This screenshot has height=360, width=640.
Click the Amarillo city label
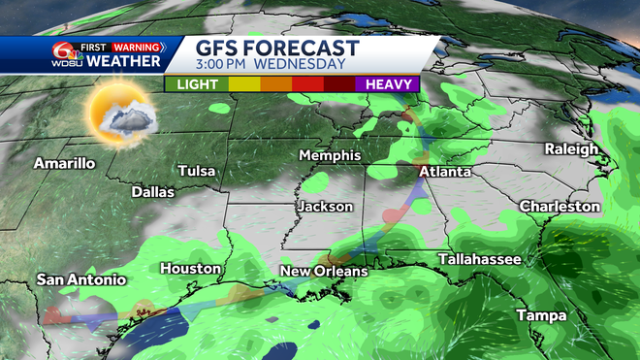pyautogui.click(x=64, y=163)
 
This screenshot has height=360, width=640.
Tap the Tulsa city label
pyautogui.click(x=196, y=171)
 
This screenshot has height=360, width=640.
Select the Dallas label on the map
pyautogui.click(x=152, y=192)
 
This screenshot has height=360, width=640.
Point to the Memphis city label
pyautogui.click(x=330, y=155)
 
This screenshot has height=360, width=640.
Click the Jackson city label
pyautogui.click(x=325, y=207)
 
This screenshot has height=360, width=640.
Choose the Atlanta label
pyautogui.click(x=445, y=172)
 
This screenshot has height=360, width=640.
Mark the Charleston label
pyautogui.click(x=560, y=207)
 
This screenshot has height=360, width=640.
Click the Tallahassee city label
pyautogui.click(x=479, y=259)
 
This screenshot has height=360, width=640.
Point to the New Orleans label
pyautogui.click(x=324, y=271)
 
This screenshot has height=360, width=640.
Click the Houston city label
pyautogui.click(x=191, y=268)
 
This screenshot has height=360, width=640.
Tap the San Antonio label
pyautogui.click(x=81, y=279)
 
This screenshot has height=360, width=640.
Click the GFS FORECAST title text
pyautogui.click(x=277, y=48)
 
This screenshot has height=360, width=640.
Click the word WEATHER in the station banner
pyautogui.click(x=123, y=62)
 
